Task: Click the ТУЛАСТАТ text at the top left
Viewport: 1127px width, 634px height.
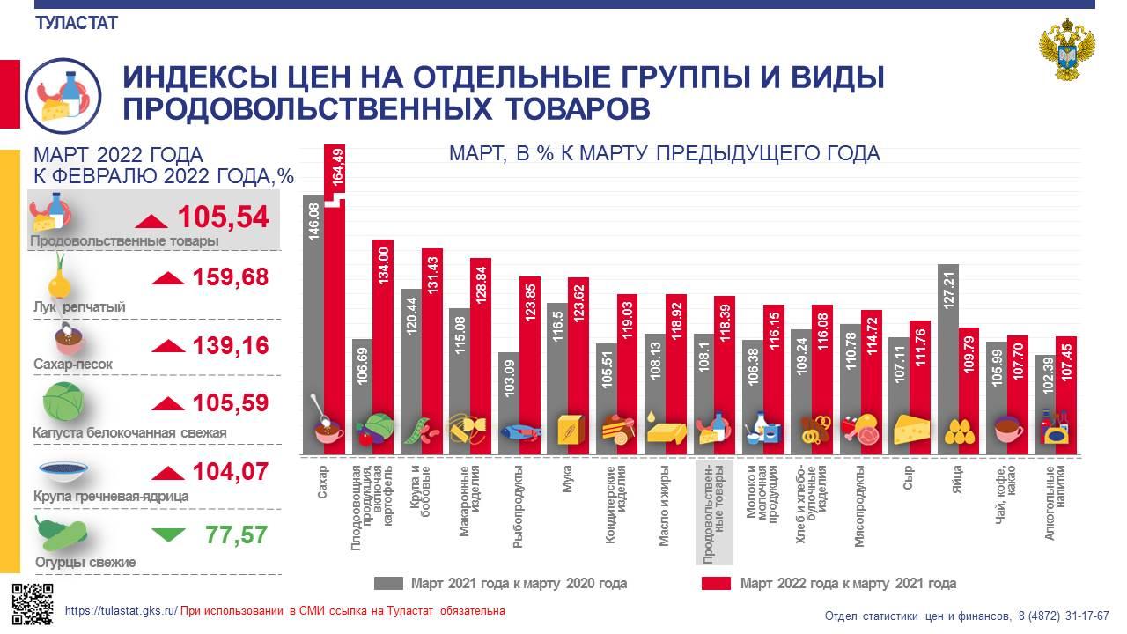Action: [x=77, y=24]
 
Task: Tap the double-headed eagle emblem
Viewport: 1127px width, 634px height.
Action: [x=1067, y=55]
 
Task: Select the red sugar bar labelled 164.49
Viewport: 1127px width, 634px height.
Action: [x=335, y=299]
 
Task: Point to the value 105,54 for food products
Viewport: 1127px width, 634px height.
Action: [x=223, y=217]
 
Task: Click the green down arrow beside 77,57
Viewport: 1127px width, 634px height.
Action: [x=168, y=534]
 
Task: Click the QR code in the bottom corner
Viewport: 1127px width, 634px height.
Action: [x=33, y=603]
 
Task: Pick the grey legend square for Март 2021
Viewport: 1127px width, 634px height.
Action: [x=387, y=583]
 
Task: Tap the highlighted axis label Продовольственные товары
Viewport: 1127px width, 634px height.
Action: [x=714, y=511]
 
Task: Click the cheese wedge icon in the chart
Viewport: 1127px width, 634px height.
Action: [x=910, y=429]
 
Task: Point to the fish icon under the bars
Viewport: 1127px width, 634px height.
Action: [x=519, y=432]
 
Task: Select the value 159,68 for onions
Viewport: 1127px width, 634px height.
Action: [x=230, y=278]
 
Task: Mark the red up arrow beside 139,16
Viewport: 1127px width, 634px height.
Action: [x=168, y=346]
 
